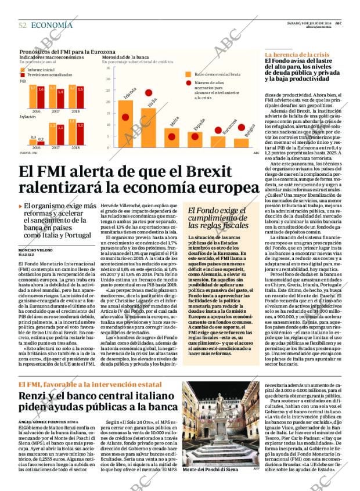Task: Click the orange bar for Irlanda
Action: click(x=124, y=124)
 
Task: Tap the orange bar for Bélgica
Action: click(x=241, y=143)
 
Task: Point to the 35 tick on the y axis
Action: click(x=107, y=68)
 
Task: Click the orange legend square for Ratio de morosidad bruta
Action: click(x=188, y=74)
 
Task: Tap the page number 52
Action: click(x=23, y=25)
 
